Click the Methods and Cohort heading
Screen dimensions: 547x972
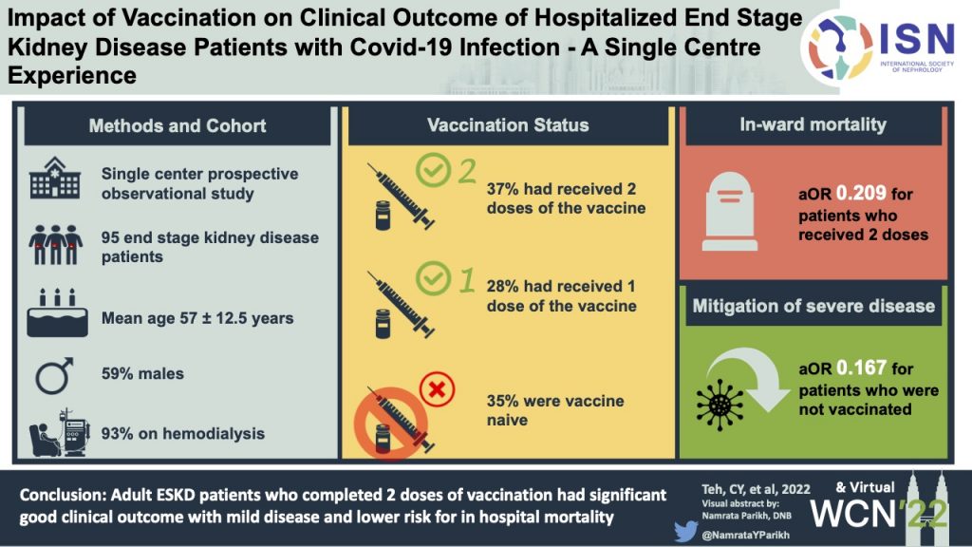178,125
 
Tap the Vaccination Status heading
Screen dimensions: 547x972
508,125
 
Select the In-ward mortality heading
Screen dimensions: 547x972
813,124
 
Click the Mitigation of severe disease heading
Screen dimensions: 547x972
813,306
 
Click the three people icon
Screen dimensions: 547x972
54,244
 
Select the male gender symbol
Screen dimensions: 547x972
54,375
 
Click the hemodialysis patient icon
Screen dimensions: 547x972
57,432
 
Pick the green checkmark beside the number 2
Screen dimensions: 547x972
433,171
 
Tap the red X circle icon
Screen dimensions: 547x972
437,388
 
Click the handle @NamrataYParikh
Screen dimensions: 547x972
749,532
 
